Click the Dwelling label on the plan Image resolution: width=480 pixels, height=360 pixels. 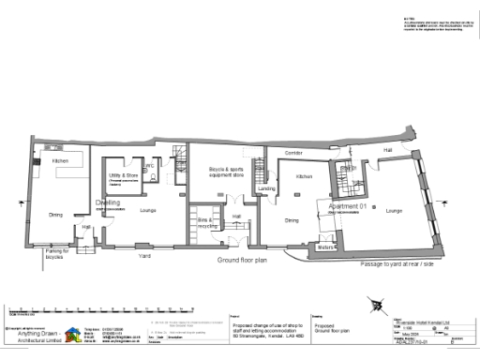[107, 202]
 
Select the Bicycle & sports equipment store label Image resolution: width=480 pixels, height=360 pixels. [225, 172]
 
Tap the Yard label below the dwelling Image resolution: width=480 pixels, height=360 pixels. [145, 255]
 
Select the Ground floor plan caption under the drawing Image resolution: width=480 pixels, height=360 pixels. [243, 259]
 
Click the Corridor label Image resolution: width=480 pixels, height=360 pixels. [293, 151]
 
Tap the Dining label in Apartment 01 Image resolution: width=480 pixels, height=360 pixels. [292, 220]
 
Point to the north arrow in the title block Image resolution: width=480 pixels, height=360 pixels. [376, 305]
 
